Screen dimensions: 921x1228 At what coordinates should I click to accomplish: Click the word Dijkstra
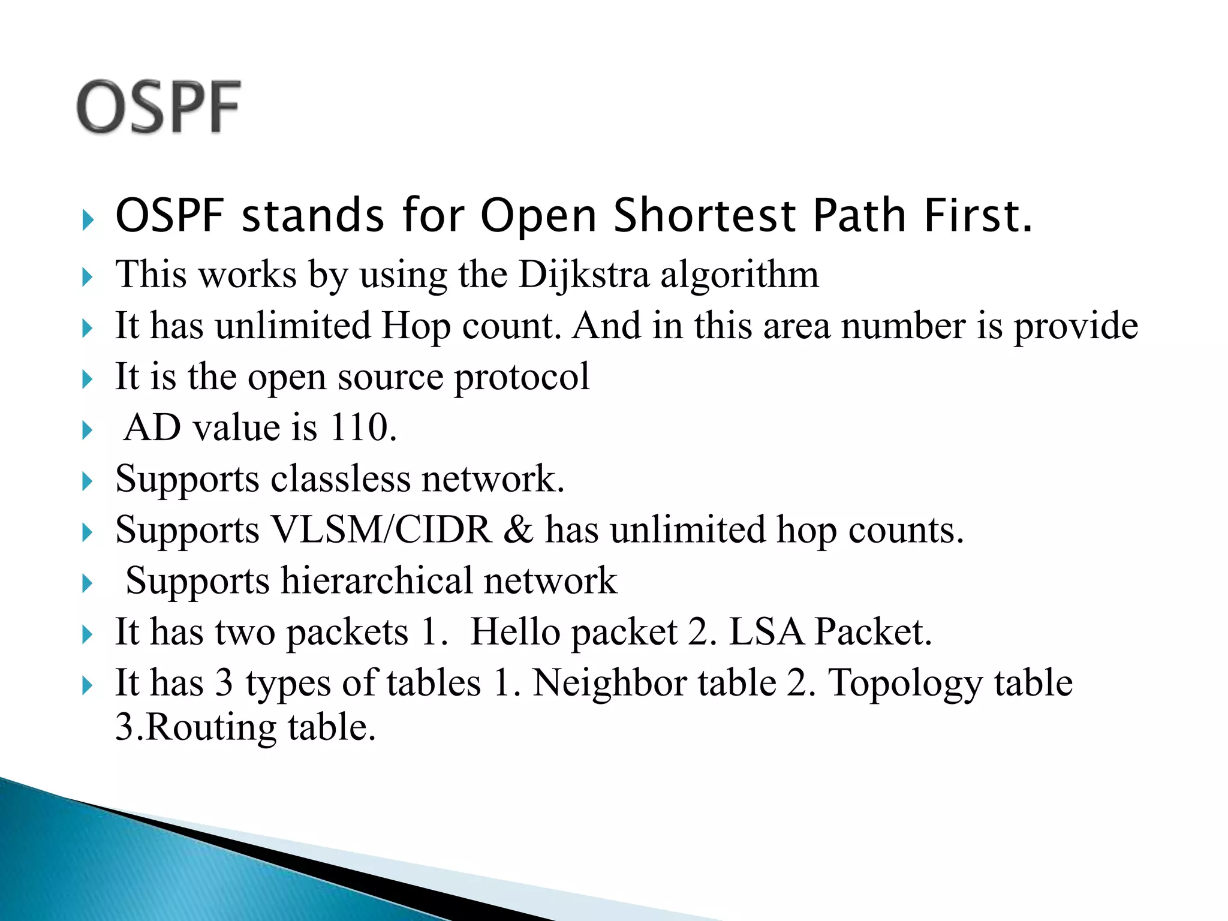(x=583, y=275)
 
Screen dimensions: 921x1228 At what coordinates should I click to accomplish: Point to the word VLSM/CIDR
(x=381, y=530)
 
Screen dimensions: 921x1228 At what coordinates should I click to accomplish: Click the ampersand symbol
(x=518, y=530)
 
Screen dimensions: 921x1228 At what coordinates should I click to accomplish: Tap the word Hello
(x=514, y=632)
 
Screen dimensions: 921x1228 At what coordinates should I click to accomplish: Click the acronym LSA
(x=766, y=632)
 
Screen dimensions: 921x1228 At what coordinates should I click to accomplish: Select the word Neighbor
(x=654, y=683)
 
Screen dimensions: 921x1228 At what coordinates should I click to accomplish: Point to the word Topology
(x=906, y=684)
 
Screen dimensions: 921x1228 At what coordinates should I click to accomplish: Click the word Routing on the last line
(x=210, y=728)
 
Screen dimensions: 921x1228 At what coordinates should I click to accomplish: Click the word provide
(x=1076, y=327)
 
